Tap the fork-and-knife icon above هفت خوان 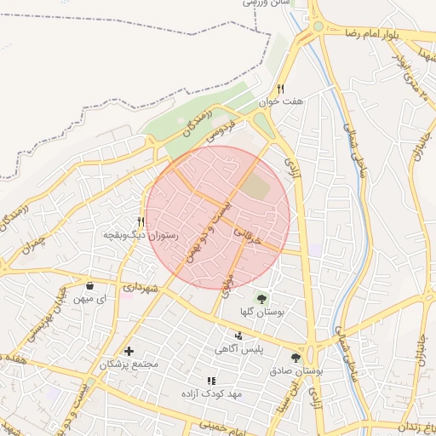click(x=280, y=89)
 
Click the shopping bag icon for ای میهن click(x=90, y=285)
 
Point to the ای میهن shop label click(x=89, y=299)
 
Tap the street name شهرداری click(x=141, y=289)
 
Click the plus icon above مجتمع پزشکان click(x=129, y=351)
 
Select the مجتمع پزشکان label click(x=129, y=364)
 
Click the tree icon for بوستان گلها click(x=261, y=299)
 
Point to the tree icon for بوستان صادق click(x=295, y=359)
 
